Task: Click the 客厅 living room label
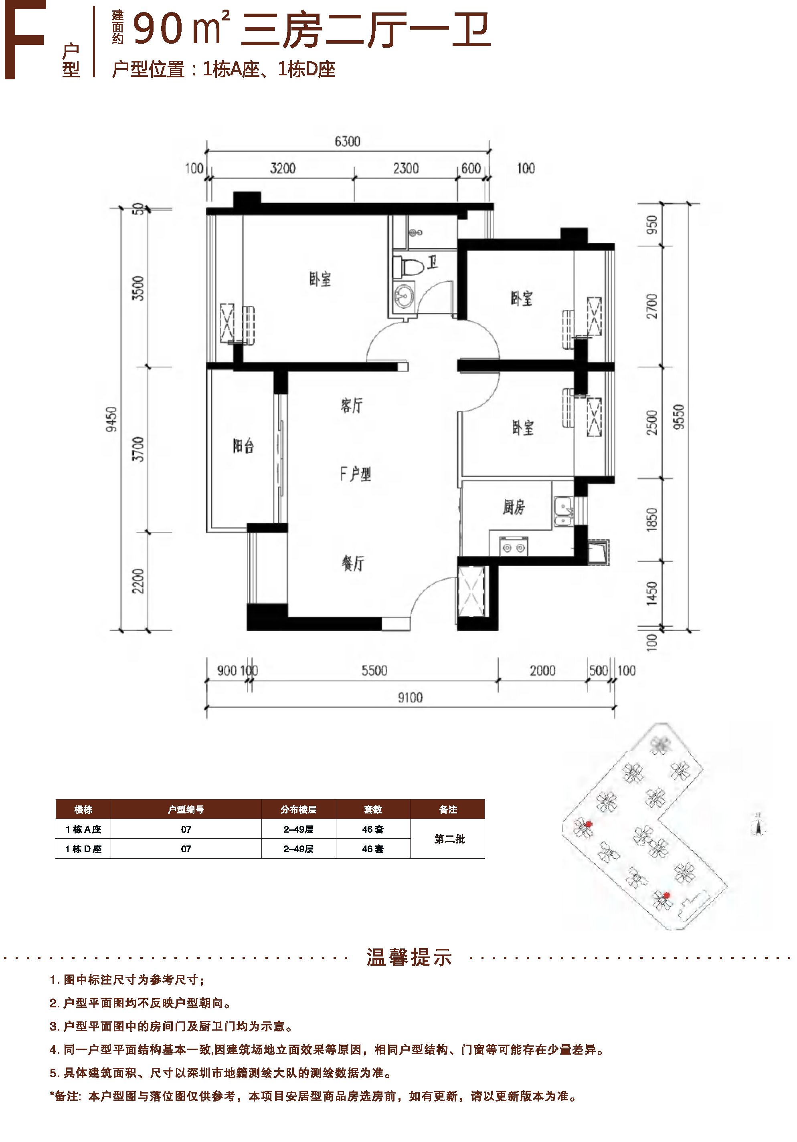tap(352, 406)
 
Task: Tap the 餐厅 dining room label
tap(353, 563)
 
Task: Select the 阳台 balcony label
tap(244, 446)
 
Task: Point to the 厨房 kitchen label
tap(514, 507)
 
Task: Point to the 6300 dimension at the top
tap(347, 142)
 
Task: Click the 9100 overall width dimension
tap(410, 697)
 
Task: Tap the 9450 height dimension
tap(111, 419)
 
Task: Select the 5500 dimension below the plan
tap(374, 670)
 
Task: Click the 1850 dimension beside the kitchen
tap(651, 520)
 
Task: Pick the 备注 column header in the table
tap(448, 809)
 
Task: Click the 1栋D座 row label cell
tap(83, 849)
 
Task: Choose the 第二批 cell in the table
tap(449, 839)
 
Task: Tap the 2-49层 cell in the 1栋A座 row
tap(299, 829)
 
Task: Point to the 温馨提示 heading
tap(409, 957)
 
